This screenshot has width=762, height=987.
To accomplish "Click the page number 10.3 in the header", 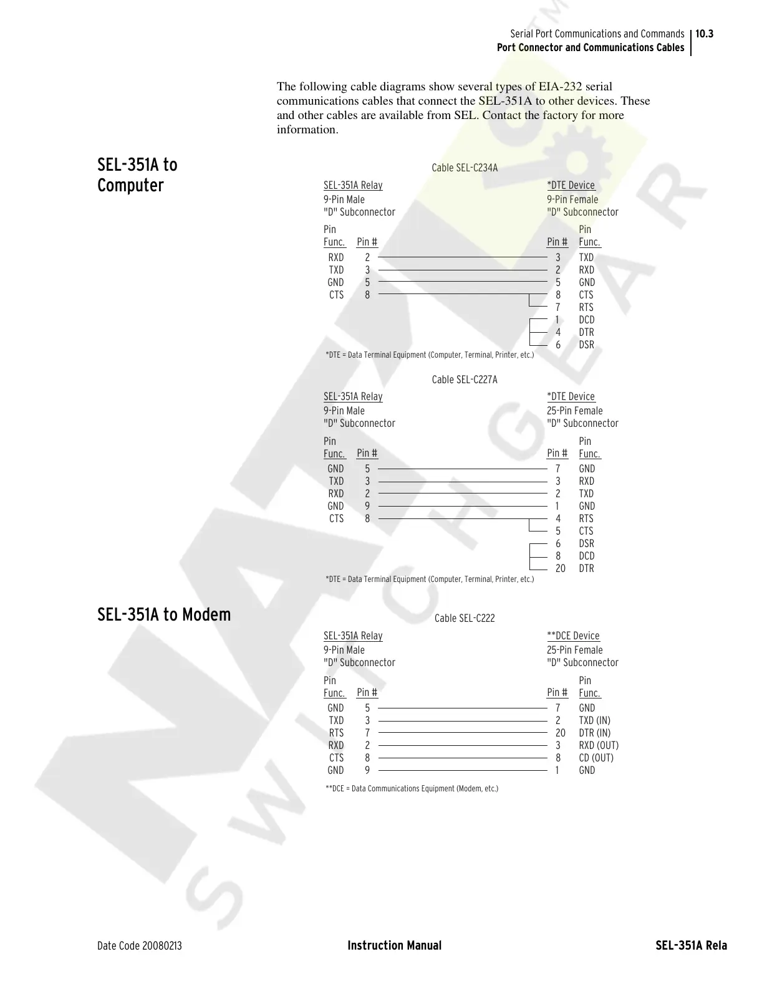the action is [705, 34].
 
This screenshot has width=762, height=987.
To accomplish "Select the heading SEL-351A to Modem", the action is [164, 614].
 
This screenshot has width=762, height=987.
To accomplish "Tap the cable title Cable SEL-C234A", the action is [465, 168].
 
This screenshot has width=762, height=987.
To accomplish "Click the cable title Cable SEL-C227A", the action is [465, 379].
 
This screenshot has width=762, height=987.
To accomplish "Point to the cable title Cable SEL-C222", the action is [465, 618].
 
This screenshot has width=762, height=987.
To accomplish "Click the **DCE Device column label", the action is [573, 636].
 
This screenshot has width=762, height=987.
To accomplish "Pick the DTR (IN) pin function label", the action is [594, 733].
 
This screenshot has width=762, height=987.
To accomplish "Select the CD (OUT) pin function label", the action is [596, 758].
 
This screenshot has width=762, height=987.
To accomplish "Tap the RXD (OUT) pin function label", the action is [599, 745].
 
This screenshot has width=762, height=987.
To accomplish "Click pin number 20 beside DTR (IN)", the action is [560, 733].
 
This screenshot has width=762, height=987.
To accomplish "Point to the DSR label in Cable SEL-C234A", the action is [586, 345].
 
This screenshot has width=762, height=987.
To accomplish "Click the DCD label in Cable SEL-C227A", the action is [586, 556].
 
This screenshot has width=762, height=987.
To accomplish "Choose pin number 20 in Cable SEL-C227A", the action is [560, 568].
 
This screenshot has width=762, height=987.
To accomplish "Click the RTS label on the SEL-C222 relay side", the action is [336, 733].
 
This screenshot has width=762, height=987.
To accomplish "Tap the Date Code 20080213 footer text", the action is [140, 946].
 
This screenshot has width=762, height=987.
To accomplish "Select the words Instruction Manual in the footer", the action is [394, 946].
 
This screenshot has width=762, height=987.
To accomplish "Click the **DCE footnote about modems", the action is [412, 789].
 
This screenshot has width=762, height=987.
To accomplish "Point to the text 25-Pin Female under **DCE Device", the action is [574, 650].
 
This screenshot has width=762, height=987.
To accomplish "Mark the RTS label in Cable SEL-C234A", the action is [586, 307].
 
